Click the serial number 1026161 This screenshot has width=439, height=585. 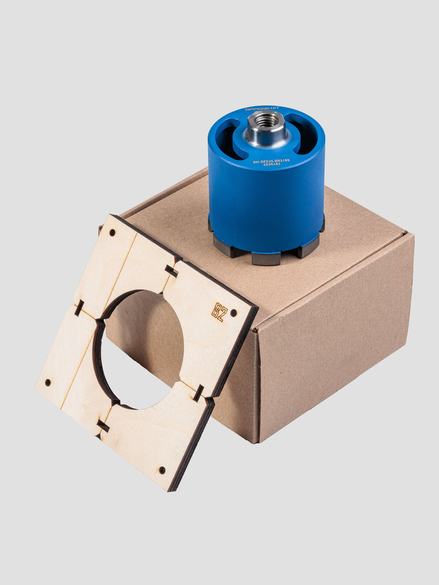click(x=272, y=164)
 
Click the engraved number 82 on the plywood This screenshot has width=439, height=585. click(x=219, y=312)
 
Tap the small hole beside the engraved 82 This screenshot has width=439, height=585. click(x=234, y=313)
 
